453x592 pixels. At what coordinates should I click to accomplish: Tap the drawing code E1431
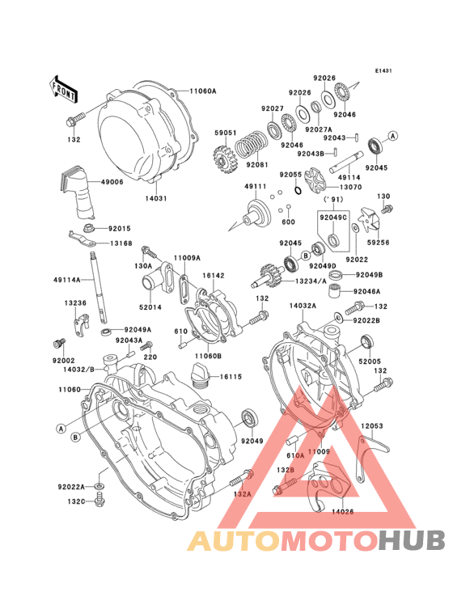pyautogui.click(x=383, y=71)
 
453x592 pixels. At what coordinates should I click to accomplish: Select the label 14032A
pyautogui.click(x=303, y=307)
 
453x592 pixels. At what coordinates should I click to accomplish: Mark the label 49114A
pyautogui.click(x=68, y=279)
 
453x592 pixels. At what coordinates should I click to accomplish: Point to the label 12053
pyautogui.click(x=372, y=425)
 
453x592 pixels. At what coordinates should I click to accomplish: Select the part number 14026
pyautogui.click(x=343, y=511)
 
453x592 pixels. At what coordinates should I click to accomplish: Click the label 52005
pyautogui.click(x=370, y=360)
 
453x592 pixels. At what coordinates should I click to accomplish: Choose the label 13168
pyautogui.click(x=122, y=243)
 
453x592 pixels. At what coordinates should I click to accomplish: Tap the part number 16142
pyautogui.click(x=213, y=275)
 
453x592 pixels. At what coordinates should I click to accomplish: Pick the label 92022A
pyautogui.click(x=71, y=486)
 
